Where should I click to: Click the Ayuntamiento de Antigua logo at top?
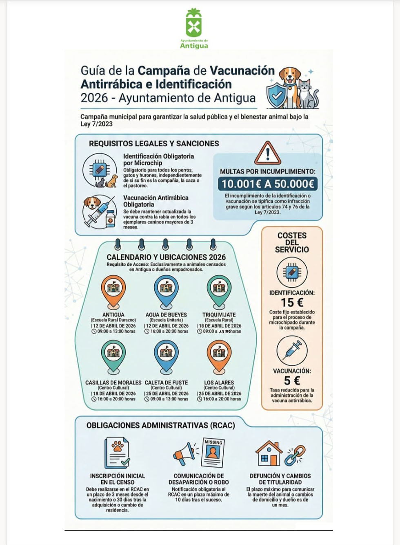(194, 28)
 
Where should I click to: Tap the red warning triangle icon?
(267, 154)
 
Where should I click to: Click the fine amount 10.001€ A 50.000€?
(268, 184)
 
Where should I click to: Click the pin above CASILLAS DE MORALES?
(113, 356)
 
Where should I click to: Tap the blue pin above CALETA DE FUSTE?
(166, 356)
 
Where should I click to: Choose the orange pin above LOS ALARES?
(219, 356)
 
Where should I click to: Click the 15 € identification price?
(292, 303)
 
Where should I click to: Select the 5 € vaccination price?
(292, 380)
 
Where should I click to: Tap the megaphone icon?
(185, 454)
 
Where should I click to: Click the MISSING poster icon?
(213, 453)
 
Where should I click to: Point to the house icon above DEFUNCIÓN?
(269, 453)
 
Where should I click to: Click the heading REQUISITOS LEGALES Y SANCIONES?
(154, 143)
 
